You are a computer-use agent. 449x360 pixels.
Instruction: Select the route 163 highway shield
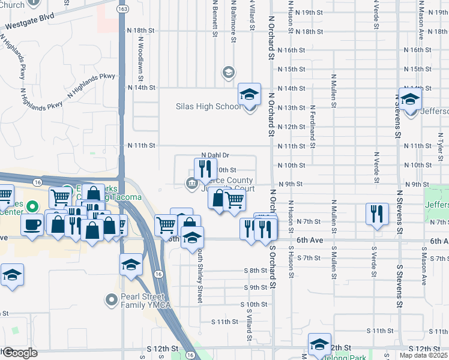pos(123,10)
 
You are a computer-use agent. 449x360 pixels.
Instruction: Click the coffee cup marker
pos(31,224)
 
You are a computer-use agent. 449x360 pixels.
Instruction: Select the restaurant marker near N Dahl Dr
pos(205,169)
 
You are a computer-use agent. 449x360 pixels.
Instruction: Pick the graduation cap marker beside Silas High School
pos(250,94)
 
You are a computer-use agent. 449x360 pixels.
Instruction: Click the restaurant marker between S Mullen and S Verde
pos(376,214)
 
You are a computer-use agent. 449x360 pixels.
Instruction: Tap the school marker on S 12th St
pos(319,344)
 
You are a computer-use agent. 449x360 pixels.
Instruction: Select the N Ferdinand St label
pos(313,123)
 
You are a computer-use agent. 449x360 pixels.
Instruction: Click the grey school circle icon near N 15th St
pos(228,73)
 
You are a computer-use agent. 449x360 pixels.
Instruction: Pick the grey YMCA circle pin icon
pos(112,298)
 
